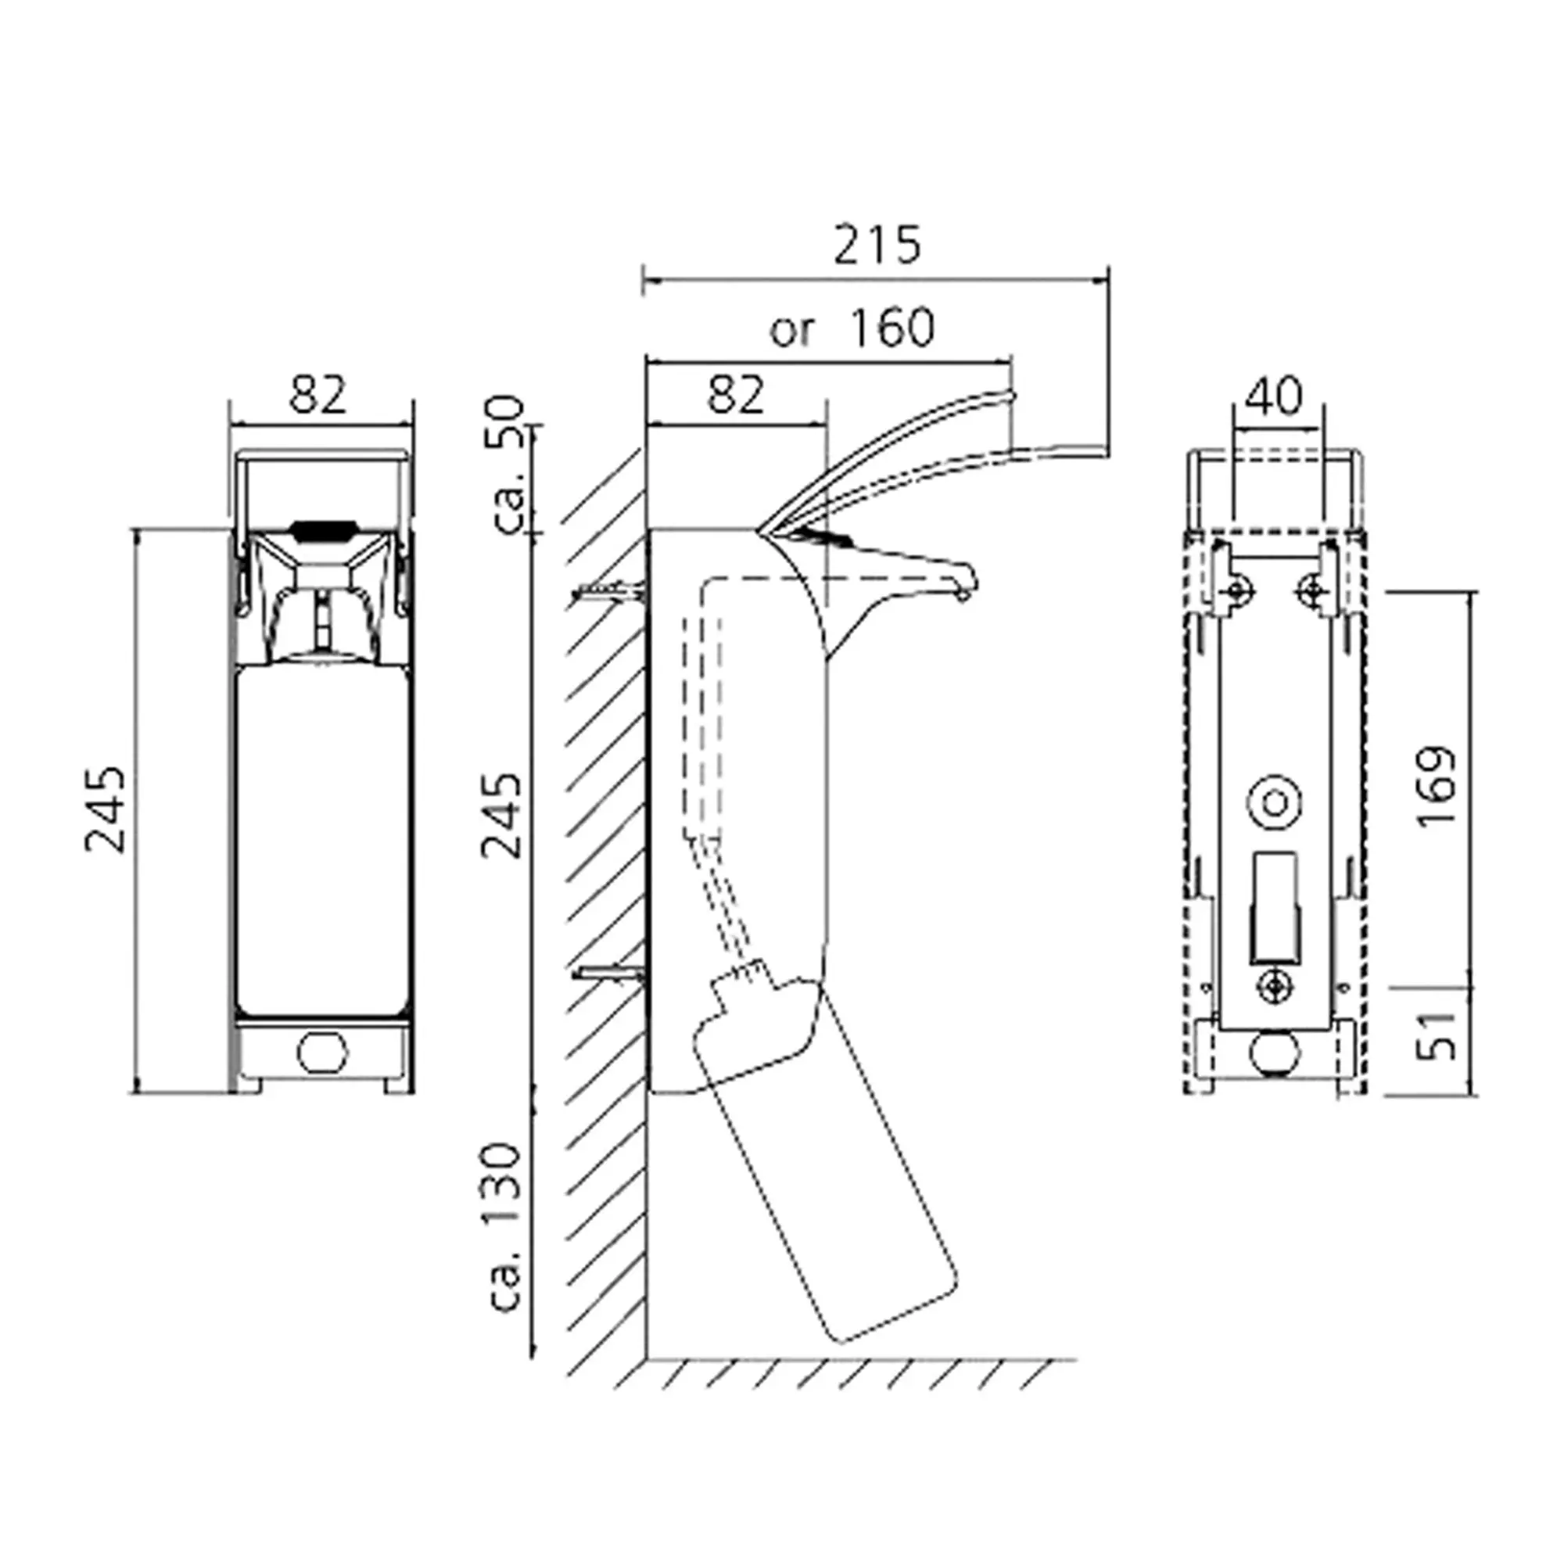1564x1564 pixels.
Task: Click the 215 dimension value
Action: pyautogui.click(x=877, y=246)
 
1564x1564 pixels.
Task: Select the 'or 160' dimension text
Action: pyautogui.click(x=852, y=328)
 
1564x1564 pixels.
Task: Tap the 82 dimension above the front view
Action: pyautogui.click(x=318, y=394)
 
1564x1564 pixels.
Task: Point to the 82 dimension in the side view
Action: pyautogui.click(x=735, y=394)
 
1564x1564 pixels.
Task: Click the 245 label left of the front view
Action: pyautogui.click(x=106, y=809)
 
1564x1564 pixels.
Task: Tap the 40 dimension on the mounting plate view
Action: pyautogui.click(x=1274, y=396)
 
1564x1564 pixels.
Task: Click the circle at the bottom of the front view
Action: pyautogui.click(x=322, y=1052)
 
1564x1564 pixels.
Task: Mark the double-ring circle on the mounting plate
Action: pyautogui.click(x=1275, y=804)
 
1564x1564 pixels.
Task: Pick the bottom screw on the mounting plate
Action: pyautogui.click(x=1275, y=986)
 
